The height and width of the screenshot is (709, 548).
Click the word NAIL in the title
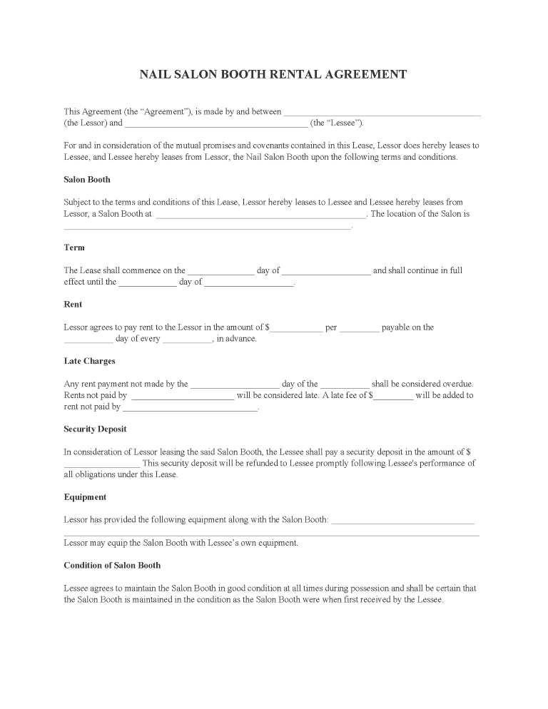pos(156,74)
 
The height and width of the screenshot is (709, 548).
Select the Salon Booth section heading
pos(87,179)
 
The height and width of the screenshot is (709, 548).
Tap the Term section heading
pos(74,248)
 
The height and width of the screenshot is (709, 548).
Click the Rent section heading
pos(73,304)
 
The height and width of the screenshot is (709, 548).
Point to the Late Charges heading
pos(89,361)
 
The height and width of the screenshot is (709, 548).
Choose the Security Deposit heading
pos(95,429)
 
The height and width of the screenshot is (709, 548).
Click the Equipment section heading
pos(85,496)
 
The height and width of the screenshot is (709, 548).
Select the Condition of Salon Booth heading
pos(112,565)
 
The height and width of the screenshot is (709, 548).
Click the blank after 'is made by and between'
pos(382,113)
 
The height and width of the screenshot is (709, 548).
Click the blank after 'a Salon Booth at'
pos(260,215)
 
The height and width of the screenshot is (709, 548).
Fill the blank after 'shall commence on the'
pos(220,272)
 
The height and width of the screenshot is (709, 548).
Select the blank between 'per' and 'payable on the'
pos(359,329)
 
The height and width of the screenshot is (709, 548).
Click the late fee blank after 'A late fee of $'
pos(393,397)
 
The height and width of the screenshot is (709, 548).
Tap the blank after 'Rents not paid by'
pos(183,397)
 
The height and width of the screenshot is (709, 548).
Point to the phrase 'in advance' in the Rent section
pos(236,339)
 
